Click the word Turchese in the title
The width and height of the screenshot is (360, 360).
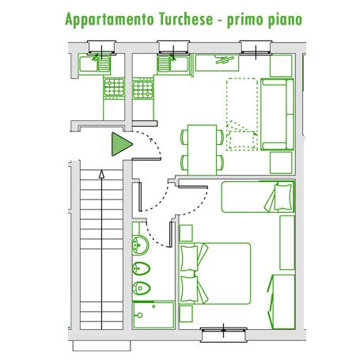186,19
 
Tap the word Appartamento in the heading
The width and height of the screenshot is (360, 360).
109,20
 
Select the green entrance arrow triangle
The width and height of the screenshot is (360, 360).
122,144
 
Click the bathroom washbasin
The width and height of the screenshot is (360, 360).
140,245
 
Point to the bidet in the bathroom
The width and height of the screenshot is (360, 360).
141,269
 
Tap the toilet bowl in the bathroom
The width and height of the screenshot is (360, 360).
141,288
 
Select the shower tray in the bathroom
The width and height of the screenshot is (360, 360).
153,315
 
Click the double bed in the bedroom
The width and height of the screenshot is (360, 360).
215,274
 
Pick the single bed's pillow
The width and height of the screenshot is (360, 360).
283,197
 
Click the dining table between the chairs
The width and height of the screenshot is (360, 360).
203,150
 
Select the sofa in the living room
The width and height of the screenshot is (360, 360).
277,114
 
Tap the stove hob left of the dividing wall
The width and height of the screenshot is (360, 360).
114,88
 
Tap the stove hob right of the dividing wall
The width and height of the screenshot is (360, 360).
142,89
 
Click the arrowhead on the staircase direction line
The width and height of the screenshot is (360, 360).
101,174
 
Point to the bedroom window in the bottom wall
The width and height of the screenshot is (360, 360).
224,334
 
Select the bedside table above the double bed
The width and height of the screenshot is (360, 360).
186,233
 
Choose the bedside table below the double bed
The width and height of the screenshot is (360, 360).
186,313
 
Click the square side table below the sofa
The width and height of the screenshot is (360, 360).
281,163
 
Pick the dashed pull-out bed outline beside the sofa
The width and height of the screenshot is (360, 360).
242,115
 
